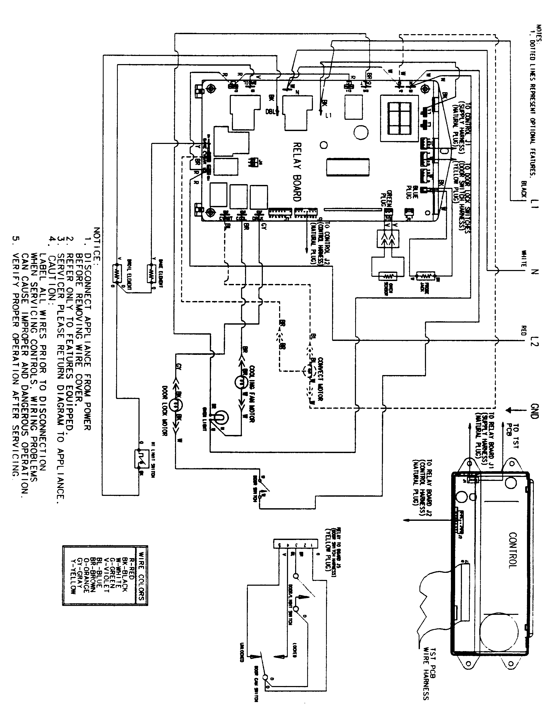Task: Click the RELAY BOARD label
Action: point(297,172)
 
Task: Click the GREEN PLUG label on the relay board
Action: point(386,198)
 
